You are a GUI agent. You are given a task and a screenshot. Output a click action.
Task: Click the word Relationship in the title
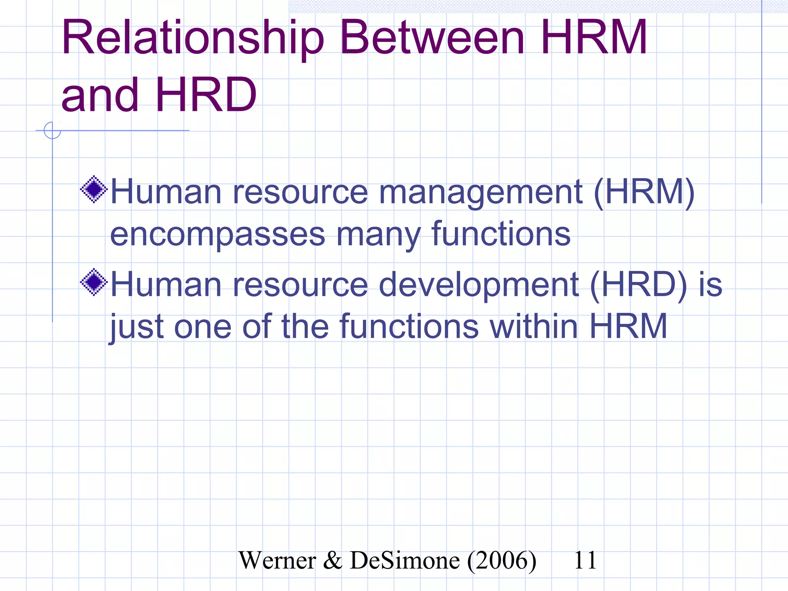(x=192, y=38)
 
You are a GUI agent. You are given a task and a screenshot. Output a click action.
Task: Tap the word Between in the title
(x=432, y=38)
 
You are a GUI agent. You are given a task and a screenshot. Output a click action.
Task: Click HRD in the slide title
(x=206, y=95)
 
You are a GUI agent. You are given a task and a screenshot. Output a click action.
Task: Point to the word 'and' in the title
(x=100, y=95)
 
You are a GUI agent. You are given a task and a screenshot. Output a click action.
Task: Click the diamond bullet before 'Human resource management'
(x=93, y=189)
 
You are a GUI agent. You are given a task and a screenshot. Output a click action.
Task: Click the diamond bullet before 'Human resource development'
(x=93, y=282)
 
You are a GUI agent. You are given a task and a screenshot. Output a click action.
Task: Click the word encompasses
(x=217, y=235)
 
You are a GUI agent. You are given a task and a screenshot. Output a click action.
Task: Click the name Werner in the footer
(x=277, y=560)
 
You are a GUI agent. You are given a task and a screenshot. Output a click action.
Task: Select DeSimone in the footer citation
(x=404, y=560)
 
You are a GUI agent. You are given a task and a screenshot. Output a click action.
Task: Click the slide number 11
(x=585, y=560)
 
